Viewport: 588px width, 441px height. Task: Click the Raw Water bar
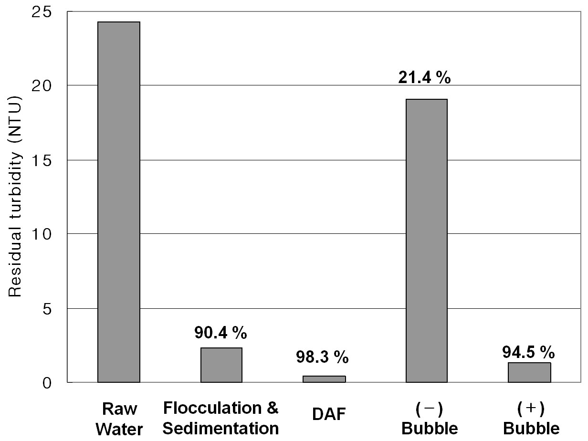(119, 202)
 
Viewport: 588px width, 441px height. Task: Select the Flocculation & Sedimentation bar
(221, 365)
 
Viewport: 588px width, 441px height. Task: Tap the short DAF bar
(324, 379)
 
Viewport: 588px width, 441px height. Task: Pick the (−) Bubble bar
(427, 241)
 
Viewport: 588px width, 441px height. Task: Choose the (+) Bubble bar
(529, 372)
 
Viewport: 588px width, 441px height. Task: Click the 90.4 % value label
(220, 333)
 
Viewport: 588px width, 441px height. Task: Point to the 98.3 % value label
(322, 357)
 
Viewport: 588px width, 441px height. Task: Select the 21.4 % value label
(424, 78)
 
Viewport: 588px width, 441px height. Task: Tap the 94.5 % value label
(528, 352)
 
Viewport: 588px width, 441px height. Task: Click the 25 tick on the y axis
(41, 12)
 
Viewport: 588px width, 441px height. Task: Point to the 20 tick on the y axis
(41, 86)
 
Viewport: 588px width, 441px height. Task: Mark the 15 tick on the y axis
(41, 160)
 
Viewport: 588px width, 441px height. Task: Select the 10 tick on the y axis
(41, 234)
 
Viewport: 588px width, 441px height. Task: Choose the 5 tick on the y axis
(47, 309)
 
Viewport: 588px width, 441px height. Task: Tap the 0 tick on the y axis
(47, 383)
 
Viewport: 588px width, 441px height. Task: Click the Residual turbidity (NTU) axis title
(15, 197)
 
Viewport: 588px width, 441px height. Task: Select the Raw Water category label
(119, 419)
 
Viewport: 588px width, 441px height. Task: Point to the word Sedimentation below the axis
(220, 428)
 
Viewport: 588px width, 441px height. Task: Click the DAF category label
(329, 414)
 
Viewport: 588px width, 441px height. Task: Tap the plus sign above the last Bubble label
(531, 408)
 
